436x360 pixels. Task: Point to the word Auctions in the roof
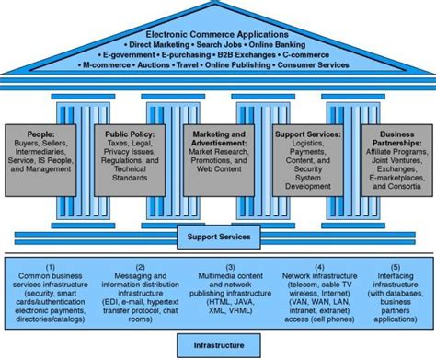[x=172, y=65]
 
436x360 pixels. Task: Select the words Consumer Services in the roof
[x=313, y=65]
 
